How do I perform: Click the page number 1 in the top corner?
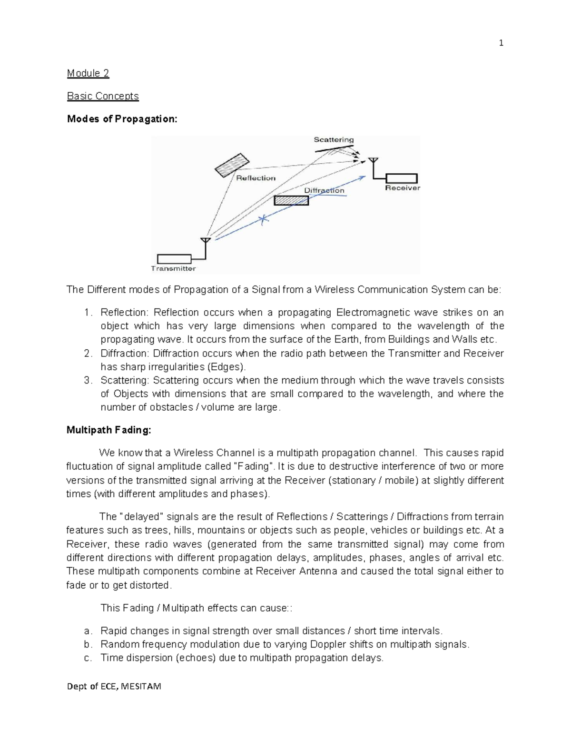[x=501, y=43]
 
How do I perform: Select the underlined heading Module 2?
[x=88, y=73]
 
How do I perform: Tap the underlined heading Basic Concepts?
[x=103, y=96]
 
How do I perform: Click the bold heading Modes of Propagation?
[x=122, y=119]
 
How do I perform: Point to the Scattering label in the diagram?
[x=334, y=139]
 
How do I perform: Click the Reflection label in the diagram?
[x=256, y=178]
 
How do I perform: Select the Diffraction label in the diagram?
[x=324, y=190]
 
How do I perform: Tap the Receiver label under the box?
[x=403, y=188]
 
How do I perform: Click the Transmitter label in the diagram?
[x=173, y=268]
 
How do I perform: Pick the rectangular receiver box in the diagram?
[x=402, y=178]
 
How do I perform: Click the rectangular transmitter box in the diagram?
[x=174, y=259]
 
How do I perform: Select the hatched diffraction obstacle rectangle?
[x=291, y=201]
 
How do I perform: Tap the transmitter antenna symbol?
[x=205, y=241]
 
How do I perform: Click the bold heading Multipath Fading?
[x=109, y=430]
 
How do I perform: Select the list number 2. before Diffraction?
[x=88, y=354]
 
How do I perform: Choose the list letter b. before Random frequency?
[x=87, y=645]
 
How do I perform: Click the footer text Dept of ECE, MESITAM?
[x=114, y=686]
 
